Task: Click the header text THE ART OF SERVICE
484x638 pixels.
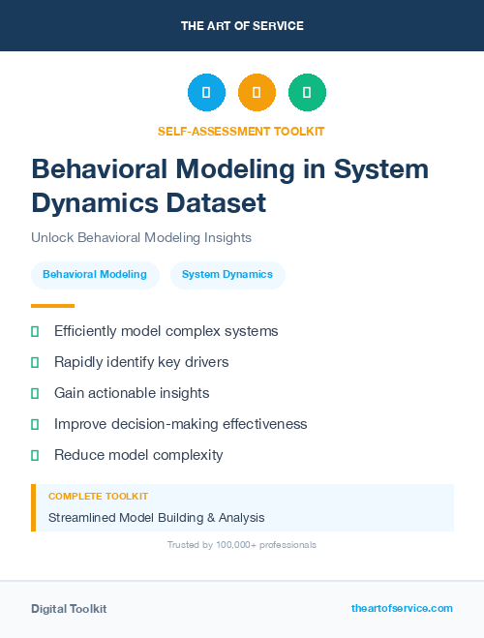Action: (x=242, y=26)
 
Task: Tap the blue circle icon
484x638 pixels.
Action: (x=206, y=93)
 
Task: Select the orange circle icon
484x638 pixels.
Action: (x=257, y=93)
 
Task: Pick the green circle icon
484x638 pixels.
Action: (x=307, y=93)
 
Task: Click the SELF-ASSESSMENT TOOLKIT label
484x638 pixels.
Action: (x=241, y=131)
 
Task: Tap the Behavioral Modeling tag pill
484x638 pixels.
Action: (x=95, y=275)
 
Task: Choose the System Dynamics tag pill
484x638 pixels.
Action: (x=227, y=275)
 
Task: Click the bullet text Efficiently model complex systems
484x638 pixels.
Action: (x=166, y=331)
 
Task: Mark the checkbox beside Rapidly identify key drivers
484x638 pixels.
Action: (x=35, y=362)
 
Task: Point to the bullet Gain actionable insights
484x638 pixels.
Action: (x=132, y=393)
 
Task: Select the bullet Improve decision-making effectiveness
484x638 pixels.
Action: (x=180, y=424)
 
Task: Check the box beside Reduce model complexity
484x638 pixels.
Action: (x=35, y=455)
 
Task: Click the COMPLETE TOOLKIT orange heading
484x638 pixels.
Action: (x=98, y=496)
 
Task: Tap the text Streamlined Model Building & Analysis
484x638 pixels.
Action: (x=156, y=518)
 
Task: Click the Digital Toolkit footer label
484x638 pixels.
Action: (x=69, y=609)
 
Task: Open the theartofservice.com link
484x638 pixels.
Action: (x=402, y=608)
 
